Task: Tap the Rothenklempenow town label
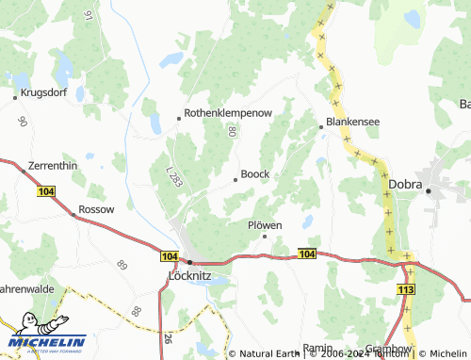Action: tap(228, 112)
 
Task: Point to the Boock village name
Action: tap(255, 174)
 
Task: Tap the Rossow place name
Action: tap(97, 208)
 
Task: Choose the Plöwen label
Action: tap(265, 225)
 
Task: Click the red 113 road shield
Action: tap(406, 290)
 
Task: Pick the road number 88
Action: tap(138, 311)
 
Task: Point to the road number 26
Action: tap(168, 338)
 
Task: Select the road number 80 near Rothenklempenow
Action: tap(230, 131)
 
